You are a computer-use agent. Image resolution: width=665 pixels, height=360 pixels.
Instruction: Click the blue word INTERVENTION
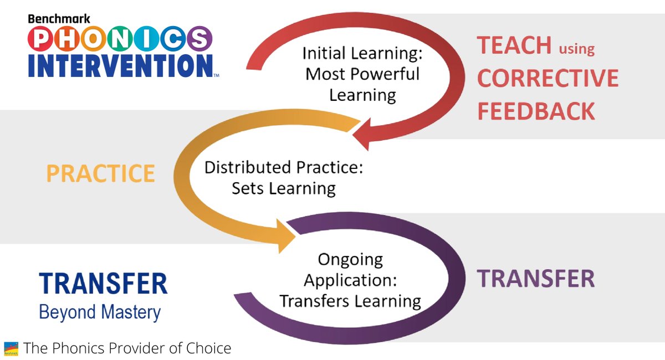[120, 65]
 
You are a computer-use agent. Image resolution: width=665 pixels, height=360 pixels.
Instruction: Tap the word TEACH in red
[514, 45]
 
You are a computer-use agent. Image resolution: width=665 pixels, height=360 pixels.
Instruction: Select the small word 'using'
[576, 49]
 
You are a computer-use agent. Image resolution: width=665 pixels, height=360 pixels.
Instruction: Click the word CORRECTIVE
[548, 79]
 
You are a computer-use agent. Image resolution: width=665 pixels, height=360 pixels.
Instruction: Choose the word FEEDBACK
[536, 111]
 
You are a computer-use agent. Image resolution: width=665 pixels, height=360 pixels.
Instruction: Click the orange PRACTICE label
[100, 174]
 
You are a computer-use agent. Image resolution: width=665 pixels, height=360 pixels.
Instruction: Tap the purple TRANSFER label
[536, 279]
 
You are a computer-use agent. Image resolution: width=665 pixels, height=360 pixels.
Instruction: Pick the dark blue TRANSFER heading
[103, 284]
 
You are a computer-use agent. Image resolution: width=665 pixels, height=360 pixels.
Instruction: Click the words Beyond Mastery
[100, 312]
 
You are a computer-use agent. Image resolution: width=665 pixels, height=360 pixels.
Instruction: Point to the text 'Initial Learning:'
[361, 54]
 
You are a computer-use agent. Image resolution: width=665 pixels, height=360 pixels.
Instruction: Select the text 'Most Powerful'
[362, 74]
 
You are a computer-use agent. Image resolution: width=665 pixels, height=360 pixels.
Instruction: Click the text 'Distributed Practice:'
[284, 167]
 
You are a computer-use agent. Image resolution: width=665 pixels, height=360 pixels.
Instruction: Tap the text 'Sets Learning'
[284, 188]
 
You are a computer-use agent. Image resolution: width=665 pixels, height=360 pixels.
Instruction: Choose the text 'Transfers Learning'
[350, 301]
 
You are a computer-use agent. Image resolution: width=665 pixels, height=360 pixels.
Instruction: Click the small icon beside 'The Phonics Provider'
[11, 349]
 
